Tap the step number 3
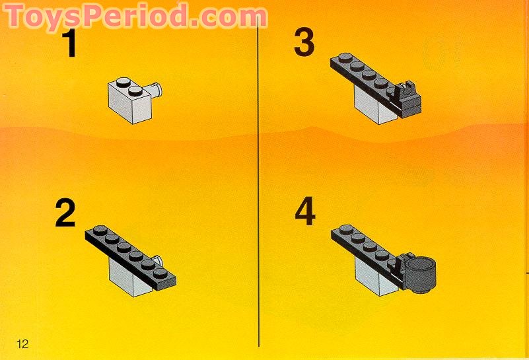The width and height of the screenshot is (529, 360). pyautogui.click(x=305, y=43)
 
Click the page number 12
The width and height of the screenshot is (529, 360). pyautogui.click(x=23, y=343)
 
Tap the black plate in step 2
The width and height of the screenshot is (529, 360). pyautogui.click(x=132, y=254)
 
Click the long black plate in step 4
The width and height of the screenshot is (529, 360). pyautogui.click(x=363, y=246)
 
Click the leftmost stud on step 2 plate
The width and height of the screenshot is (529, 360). pyautogui.click(x=98, y=231)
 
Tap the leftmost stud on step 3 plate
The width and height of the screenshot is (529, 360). pyautogui.click(x=343, y=58)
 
